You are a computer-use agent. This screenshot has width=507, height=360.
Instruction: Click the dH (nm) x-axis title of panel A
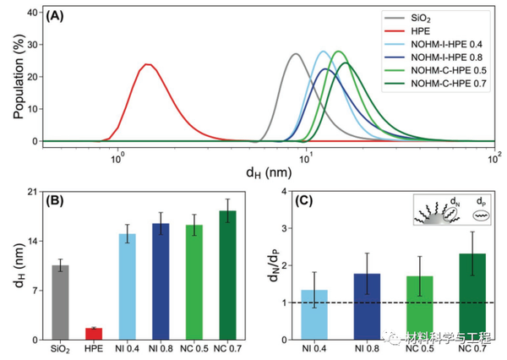(x=269, y=175)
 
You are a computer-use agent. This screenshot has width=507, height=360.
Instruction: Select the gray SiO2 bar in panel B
(x=60, y=303)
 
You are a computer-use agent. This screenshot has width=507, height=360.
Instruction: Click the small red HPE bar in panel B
(x=94, y=334)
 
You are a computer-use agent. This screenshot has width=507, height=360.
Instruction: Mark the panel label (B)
(x=66, y=203)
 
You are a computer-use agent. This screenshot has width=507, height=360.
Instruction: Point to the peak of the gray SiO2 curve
(x=296, y=54)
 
